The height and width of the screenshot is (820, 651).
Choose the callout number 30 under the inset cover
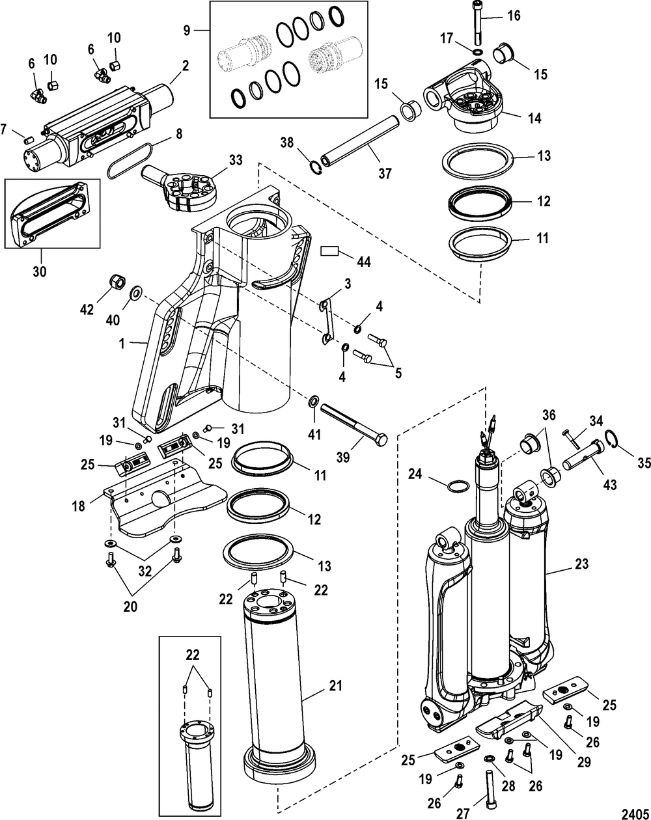(39, 271)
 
